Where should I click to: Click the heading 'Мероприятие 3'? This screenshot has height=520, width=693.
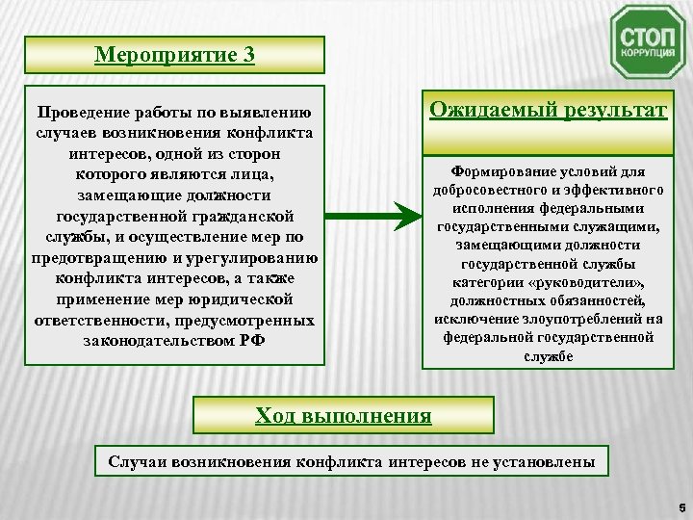coord(175,54)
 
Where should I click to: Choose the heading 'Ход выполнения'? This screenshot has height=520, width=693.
coord(343,415)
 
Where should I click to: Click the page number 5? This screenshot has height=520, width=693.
coord(680,503)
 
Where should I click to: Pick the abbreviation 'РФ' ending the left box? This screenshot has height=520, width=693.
coord(253,342)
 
